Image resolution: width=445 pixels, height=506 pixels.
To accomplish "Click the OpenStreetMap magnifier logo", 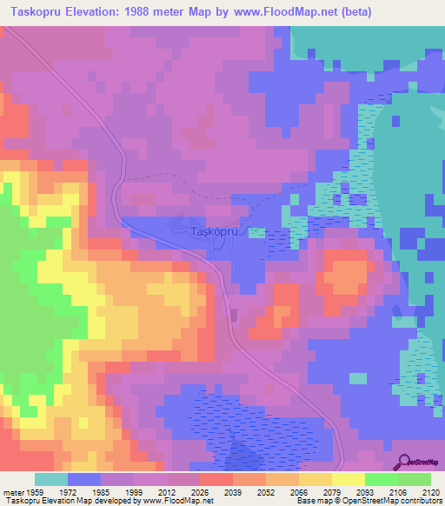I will coord(406,463).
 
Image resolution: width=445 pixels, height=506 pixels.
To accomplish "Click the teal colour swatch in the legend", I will coord(50,479).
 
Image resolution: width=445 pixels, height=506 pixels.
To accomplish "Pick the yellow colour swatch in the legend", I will coord(348,479).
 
